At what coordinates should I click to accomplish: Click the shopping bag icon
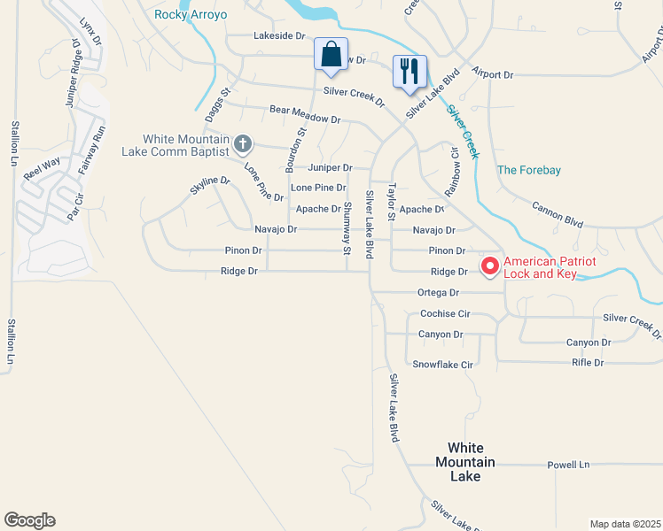[x=331, y=54]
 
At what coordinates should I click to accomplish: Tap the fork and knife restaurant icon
[x=409, y=71]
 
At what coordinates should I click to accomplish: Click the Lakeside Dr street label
[x=279, y=36]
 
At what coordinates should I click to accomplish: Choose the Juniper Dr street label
[x=330, y=167]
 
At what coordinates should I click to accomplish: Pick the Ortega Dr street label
[x=438, y=293]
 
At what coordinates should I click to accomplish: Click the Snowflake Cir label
[x=443, y=365]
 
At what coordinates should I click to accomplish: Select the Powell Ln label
[x=568, y=465]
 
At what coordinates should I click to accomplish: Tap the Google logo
[x=29, y=520]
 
